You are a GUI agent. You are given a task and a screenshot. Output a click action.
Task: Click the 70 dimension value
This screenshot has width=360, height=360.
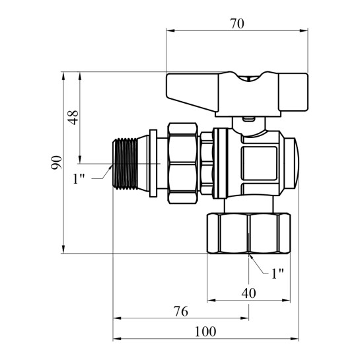(x=237, y=24)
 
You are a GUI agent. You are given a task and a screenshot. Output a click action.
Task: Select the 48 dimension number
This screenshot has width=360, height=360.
(x=74, y=118)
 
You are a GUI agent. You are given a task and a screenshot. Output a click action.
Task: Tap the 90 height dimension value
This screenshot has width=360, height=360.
(x=57, y=162)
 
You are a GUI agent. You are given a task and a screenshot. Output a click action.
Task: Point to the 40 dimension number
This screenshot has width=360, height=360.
(x=248, y=293)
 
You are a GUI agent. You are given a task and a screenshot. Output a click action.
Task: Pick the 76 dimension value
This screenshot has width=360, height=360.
(x=181, y=312)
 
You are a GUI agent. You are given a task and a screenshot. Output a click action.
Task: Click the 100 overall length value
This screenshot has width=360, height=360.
(x=205, y=332)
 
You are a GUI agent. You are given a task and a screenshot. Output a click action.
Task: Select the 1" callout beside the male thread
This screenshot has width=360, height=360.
(x=79, y=178)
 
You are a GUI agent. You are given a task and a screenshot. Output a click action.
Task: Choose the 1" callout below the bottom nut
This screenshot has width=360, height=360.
(x=277, y=273)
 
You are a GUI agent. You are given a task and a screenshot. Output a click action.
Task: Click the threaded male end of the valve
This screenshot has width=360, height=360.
(x=126, y=164)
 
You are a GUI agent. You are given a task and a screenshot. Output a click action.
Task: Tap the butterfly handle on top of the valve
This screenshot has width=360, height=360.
(x=237, y=94)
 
